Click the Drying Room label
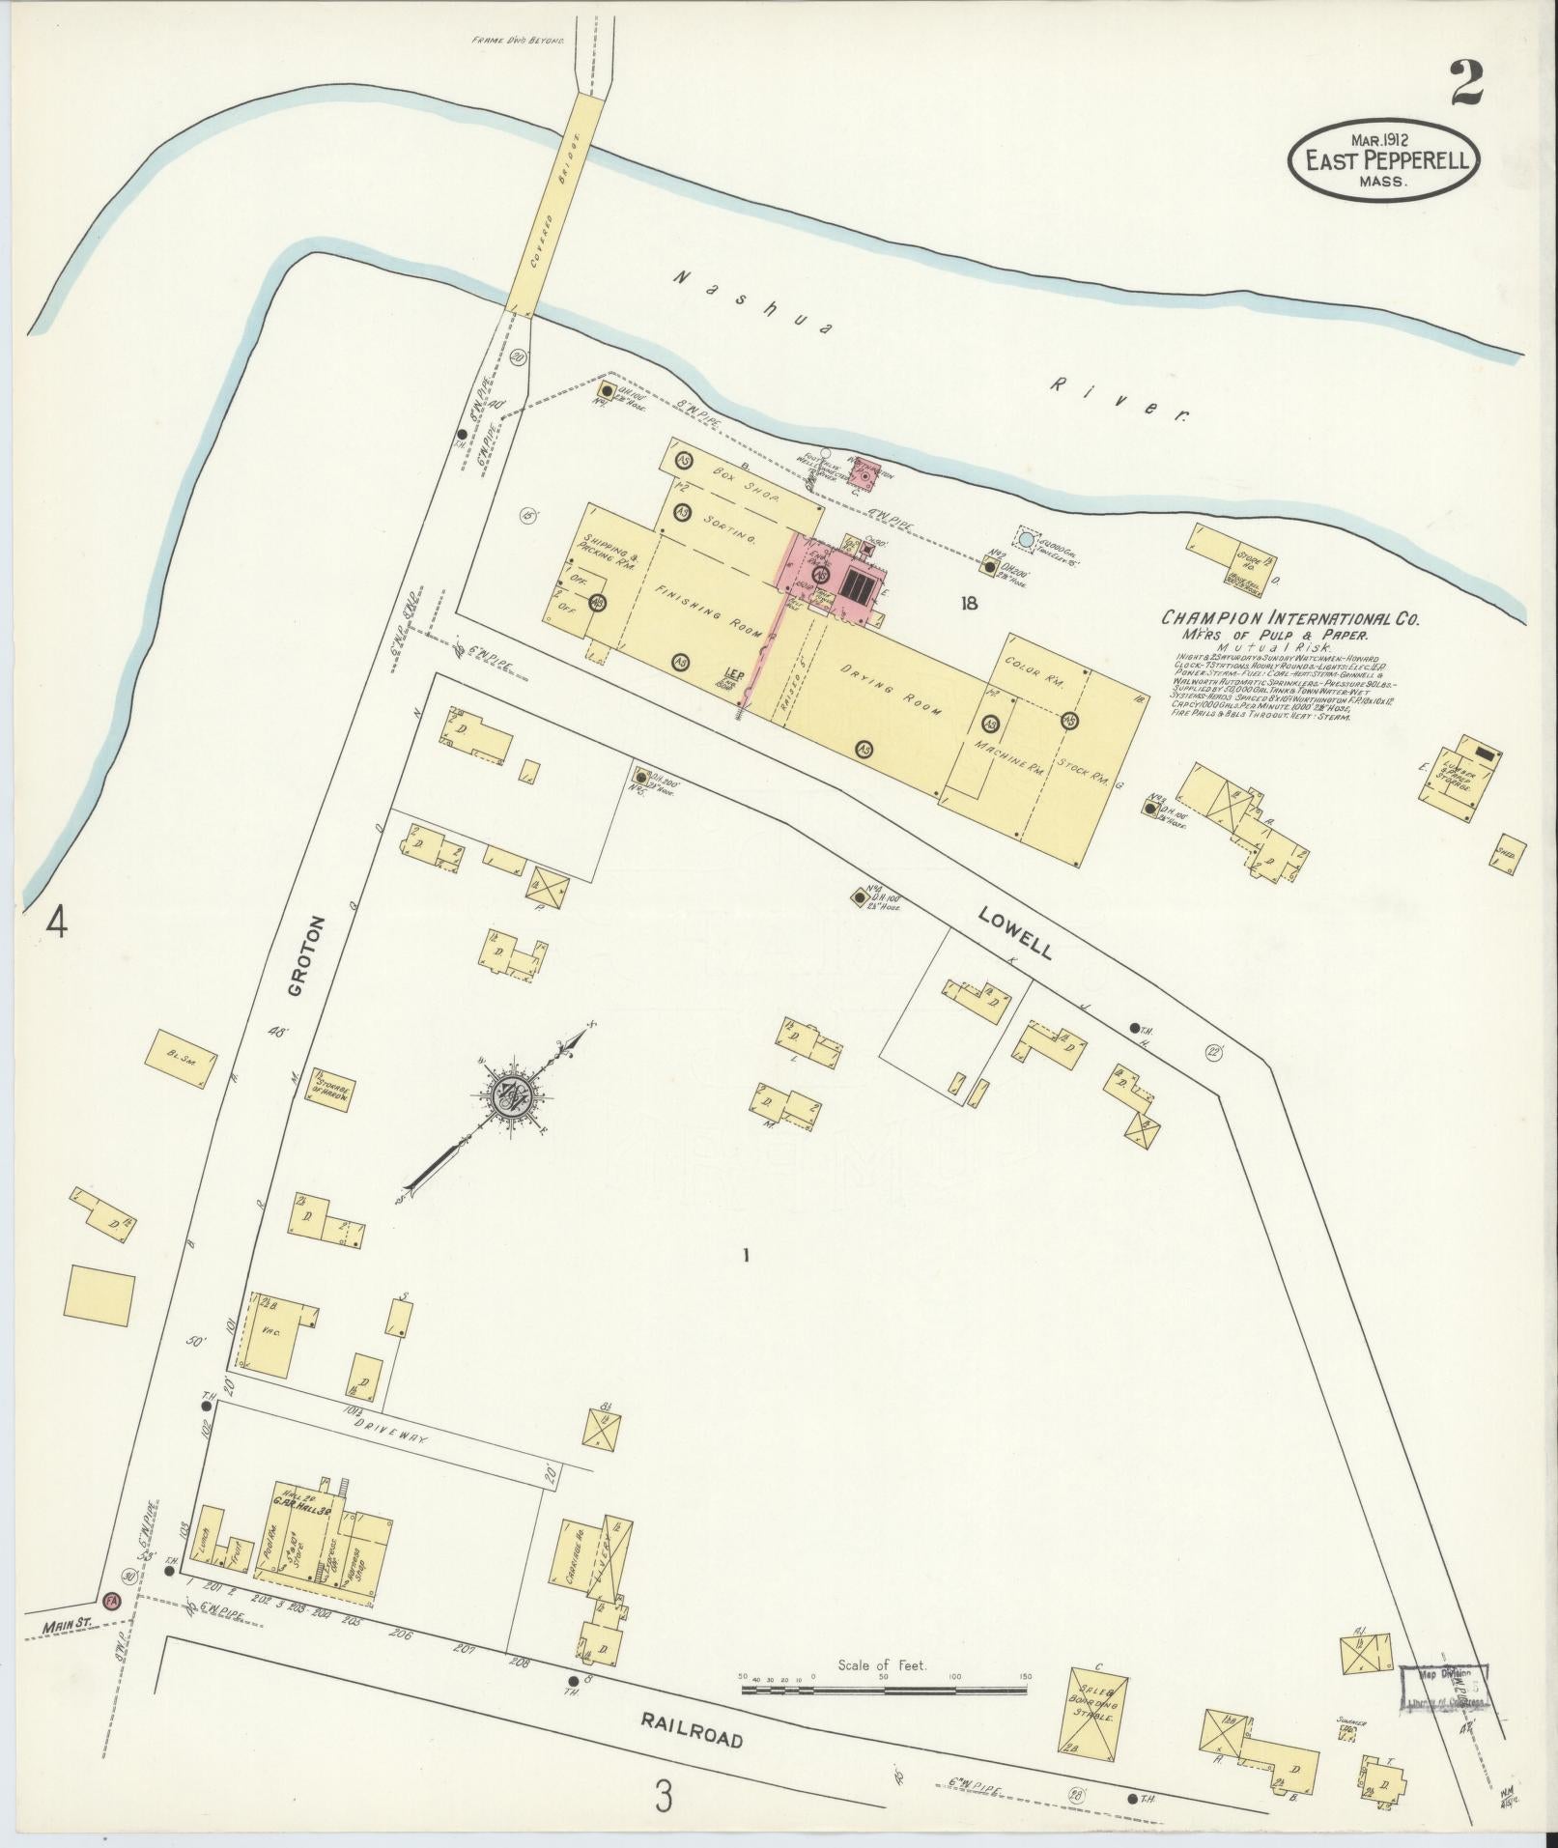(889, 689)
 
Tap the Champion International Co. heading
(1289, 619)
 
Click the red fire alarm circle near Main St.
(113, 1600)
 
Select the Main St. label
(66, 1627)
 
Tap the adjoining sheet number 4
(57, 924)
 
